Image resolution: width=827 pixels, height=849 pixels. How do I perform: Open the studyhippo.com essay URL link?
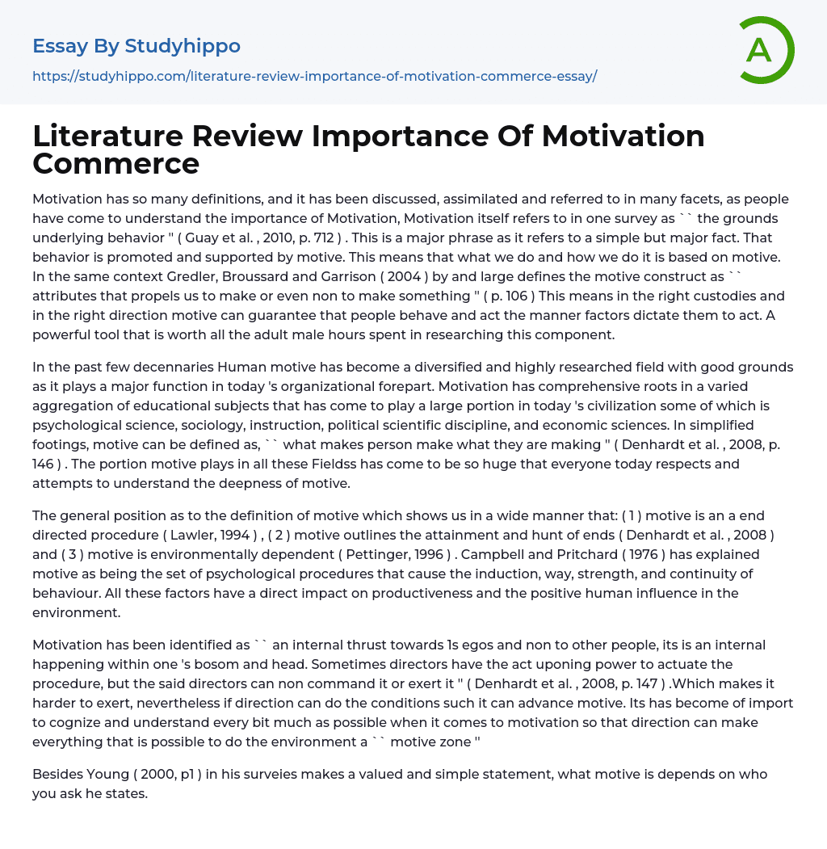(x=314, y=77)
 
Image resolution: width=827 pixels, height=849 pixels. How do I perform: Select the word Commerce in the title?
(x=115, y=163)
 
